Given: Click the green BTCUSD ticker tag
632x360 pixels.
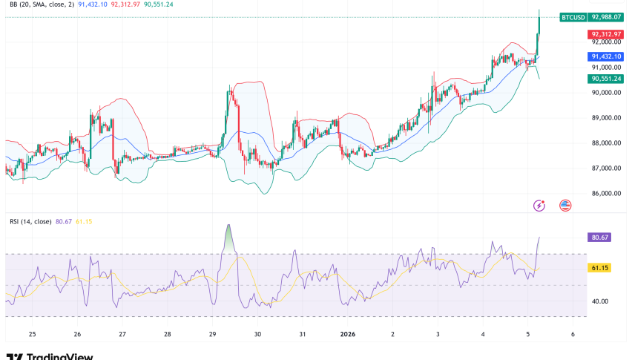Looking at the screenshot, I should (x=573, y=16).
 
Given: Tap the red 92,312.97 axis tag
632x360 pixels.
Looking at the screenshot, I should (x=607, y=35).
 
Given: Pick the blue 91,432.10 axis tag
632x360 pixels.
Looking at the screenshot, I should (x=607, y=56).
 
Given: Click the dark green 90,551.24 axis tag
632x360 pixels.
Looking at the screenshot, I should (x=607, y=79).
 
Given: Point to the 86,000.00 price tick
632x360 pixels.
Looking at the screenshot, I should (x=607, y=194).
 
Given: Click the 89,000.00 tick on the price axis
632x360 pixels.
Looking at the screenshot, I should (x=607, y=118).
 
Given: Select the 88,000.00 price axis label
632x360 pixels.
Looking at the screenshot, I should (x=607, y=143).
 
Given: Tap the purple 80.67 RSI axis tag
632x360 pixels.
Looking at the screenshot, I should (x=599, y=238).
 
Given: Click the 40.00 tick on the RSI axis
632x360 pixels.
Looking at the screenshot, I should (x=599, y=301).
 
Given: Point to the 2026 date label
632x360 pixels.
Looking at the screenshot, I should (x=348, y=334).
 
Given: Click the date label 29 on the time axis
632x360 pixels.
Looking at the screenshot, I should (x=213, y=334).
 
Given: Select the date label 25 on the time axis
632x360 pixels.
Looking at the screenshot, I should (x=32, y=334).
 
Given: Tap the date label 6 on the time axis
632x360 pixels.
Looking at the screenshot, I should (x=573, y=334).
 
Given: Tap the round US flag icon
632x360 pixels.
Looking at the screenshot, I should (x=565, y=205).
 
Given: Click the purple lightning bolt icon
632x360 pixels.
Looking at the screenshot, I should (x=541, y=205).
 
